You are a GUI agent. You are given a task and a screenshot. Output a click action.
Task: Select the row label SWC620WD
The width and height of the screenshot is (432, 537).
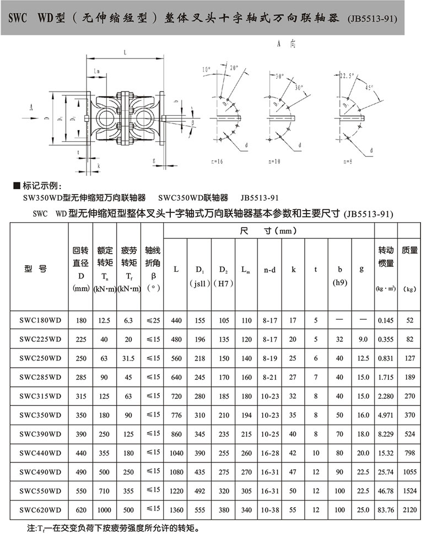[40, 509]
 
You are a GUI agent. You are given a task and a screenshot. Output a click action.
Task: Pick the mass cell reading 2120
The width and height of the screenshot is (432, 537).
[410, 509]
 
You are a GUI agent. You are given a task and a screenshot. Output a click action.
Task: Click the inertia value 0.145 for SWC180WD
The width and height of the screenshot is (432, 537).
[385, 320]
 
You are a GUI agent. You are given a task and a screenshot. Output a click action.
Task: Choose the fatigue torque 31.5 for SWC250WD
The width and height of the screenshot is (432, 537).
[128, 358]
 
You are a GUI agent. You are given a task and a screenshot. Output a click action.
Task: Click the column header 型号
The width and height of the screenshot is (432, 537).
[36, 268]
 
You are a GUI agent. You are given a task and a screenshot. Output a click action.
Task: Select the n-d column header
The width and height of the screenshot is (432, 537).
[270, 270]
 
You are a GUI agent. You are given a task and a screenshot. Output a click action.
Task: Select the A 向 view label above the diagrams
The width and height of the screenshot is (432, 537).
[287, 44]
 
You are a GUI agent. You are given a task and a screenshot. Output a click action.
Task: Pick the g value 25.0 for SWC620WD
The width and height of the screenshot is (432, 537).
[361, 509]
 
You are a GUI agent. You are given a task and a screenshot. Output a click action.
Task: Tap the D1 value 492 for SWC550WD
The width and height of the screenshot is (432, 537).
[199, 490]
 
